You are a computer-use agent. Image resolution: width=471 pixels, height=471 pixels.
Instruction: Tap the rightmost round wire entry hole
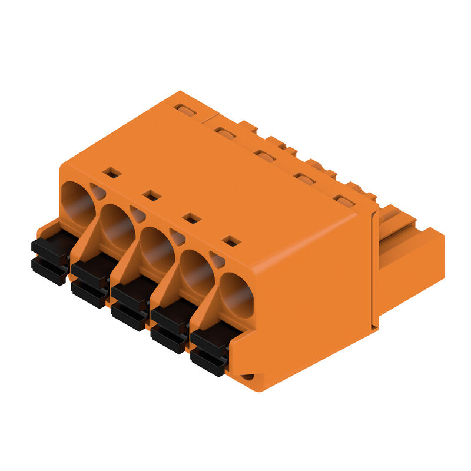pyautogui.click(x=236, y=294)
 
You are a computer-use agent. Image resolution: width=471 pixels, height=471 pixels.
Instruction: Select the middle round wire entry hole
pyautogui.click(x=157, y=248)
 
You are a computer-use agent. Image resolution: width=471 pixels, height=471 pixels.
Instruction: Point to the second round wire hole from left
pyautogui.click(x=117, y=225)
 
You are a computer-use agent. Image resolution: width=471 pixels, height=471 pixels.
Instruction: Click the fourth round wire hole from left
pyautogui.click(x=197, y=271)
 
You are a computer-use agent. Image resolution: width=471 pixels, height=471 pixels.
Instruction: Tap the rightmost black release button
pyautogui.click(x=208, y=351)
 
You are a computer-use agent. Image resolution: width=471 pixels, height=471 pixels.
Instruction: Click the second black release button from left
pyautogui.click(x=90, y=281)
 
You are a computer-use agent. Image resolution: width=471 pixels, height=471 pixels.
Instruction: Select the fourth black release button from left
pyautogui.click(x=170, y=328)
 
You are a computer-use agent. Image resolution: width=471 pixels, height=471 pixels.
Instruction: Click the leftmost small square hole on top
pyautogui.click(x=112, y=173)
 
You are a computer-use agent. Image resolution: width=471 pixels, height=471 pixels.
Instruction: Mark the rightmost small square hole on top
pyautogui.click(x=231, y=241)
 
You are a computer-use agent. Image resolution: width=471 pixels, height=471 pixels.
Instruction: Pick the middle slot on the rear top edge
pyautogui.click(x=265, y=156)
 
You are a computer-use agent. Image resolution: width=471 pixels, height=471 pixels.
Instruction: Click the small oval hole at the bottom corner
pyautogui.click(x=248, y=377)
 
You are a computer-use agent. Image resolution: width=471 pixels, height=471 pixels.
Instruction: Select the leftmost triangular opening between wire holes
pyautogui.click(x=98, y=191)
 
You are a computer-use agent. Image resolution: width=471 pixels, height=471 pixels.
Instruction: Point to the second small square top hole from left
pyautogui.click(x=152, y=195)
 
